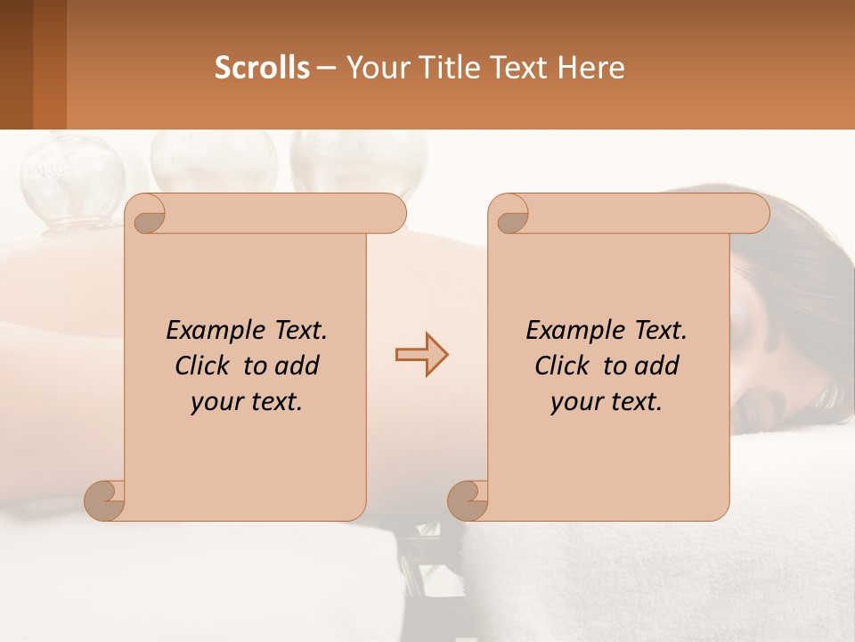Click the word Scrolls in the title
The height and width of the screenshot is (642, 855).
[x=262, y=67]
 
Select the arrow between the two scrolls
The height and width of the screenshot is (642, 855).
[x=421, y=354]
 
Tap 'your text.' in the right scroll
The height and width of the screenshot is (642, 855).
[x=607, y=401]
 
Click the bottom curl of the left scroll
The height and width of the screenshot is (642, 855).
[x=105, y=499]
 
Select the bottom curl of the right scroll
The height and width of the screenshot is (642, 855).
[x=468, y=499]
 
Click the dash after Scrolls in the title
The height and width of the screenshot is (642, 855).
[x=326, y=67]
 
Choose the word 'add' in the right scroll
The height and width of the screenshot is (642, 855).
[x=658, y=366]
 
